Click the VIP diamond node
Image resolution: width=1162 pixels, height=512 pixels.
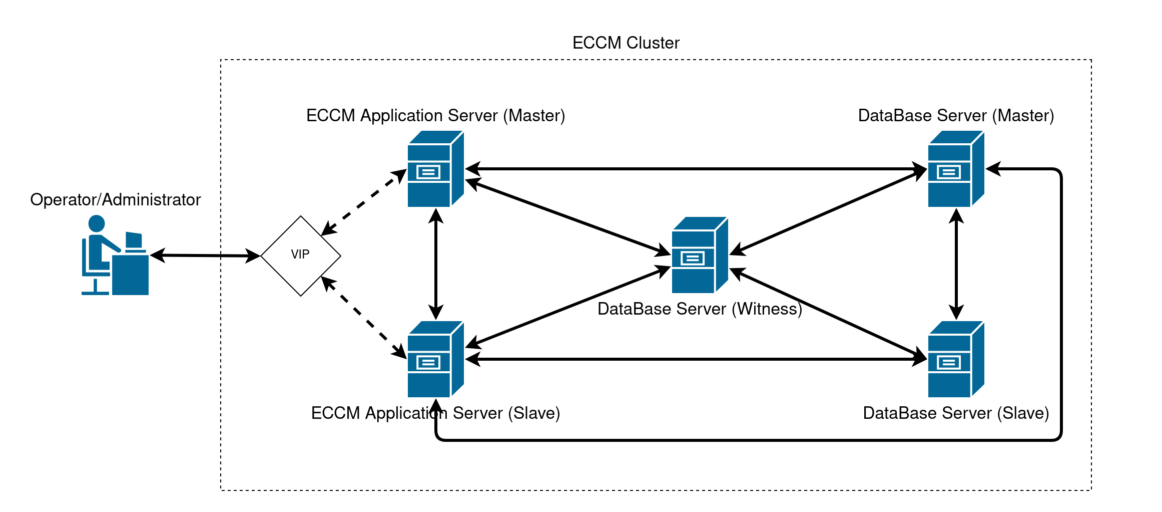click(x=300, y=255)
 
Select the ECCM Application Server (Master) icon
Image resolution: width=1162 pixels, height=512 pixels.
click(x=435, y=169)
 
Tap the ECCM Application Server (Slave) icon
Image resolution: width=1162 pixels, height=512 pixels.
click(x=435, y=359)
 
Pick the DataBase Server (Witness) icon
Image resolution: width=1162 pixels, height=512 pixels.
click(x=700, y=255)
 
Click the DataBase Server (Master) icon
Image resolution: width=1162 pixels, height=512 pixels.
click(x=956, y=169)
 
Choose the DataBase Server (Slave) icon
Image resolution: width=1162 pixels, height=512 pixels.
click(x=956, y=359)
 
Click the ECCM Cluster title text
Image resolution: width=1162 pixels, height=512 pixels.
click(x=626, y=43)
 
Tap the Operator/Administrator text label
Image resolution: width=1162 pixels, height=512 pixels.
click(x=115, y=200)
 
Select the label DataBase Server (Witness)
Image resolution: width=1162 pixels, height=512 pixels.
click(x=700, y=309)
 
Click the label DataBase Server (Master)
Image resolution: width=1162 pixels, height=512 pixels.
click(x=956, y=116)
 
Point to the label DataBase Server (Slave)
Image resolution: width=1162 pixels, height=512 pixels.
click(x=956, y=413)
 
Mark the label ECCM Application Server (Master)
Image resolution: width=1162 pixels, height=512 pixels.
click(x=435, y=116)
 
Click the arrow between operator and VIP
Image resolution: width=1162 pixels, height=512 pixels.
click(x=205, y=255)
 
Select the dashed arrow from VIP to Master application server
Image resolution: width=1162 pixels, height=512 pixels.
click(x=364, y=202)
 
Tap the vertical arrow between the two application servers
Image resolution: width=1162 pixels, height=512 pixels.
click(x=436, y=264)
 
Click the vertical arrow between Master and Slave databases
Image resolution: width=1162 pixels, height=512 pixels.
click(x=956, y=264)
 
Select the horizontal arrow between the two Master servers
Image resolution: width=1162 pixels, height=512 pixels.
click(x=696, y=169)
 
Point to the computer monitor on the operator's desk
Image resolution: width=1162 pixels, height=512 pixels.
click(x=134, y=240)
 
